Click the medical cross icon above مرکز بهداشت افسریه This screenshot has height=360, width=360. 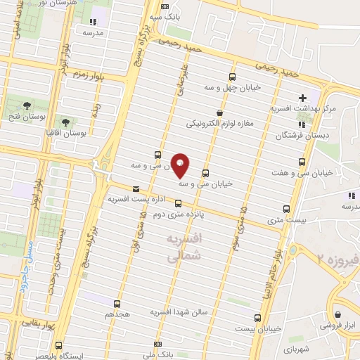(x=302, y=98)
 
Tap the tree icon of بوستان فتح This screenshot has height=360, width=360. (x=27, y=105)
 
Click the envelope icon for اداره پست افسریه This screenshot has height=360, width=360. (x=136, y=188)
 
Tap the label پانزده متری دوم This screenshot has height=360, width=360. (x=178, y=215)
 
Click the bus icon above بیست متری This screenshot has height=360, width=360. (x=286, y=209)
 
